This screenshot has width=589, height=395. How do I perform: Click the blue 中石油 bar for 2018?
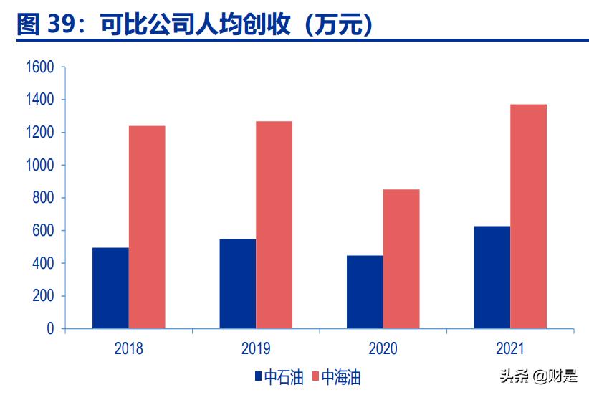[110, 288]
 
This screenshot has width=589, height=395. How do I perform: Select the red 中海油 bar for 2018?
[147, 227]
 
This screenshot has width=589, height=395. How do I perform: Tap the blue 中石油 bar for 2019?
[238, 284]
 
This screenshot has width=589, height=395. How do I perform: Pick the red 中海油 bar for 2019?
[274, 225]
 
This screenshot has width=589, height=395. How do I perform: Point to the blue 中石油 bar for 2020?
[365, 292]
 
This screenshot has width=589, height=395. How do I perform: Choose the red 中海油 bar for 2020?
[401, 259]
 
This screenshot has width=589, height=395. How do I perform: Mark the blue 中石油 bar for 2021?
[492, 277]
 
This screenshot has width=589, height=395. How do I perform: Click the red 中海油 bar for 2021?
[529, 216]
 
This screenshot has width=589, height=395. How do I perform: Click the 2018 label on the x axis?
[128, 349]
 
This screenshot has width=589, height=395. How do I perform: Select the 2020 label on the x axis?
[383, 349]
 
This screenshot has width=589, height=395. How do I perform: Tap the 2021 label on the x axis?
[510, 349]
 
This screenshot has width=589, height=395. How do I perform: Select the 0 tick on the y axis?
[50, 329]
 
